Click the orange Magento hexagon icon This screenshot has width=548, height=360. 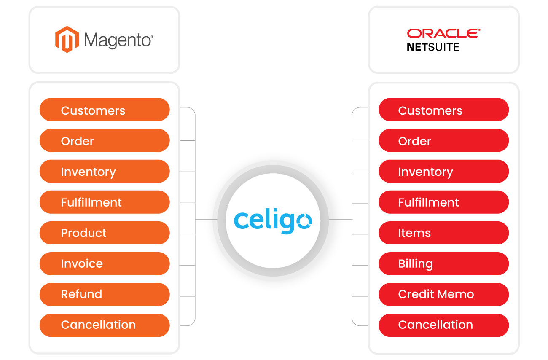(x=67, y=40)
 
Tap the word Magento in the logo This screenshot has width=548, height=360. (x=118, y=40)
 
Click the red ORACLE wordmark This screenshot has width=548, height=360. (x=443, y=33)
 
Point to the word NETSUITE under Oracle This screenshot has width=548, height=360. (x=433, y=47)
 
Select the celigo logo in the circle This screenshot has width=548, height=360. (x=273, y=220)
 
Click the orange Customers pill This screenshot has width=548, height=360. (x=105, y=110)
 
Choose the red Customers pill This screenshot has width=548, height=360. (x=443, y=110)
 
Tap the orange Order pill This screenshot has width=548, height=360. (x=105, y=141)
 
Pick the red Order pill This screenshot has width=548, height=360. (x=443, y=141)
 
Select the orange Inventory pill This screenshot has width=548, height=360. (x=105, y=172)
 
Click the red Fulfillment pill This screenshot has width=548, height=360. (x=443, y=202)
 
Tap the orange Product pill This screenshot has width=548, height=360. (x=105, y=233)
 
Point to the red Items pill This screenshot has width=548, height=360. (x=443, y=233)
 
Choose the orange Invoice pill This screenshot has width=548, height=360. (x=105, y=264)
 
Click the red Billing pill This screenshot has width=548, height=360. (x=443, y=264)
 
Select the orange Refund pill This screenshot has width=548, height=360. (x=105, y=294)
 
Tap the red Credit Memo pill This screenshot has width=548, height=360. (x=443, y=294)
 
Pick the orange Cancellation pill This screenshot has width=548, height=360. (x=105, y=325)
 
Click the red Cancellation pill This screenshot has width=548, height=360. (x=443, y=325)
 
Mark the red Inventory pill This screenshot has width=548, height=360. (x=443, y=172)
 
